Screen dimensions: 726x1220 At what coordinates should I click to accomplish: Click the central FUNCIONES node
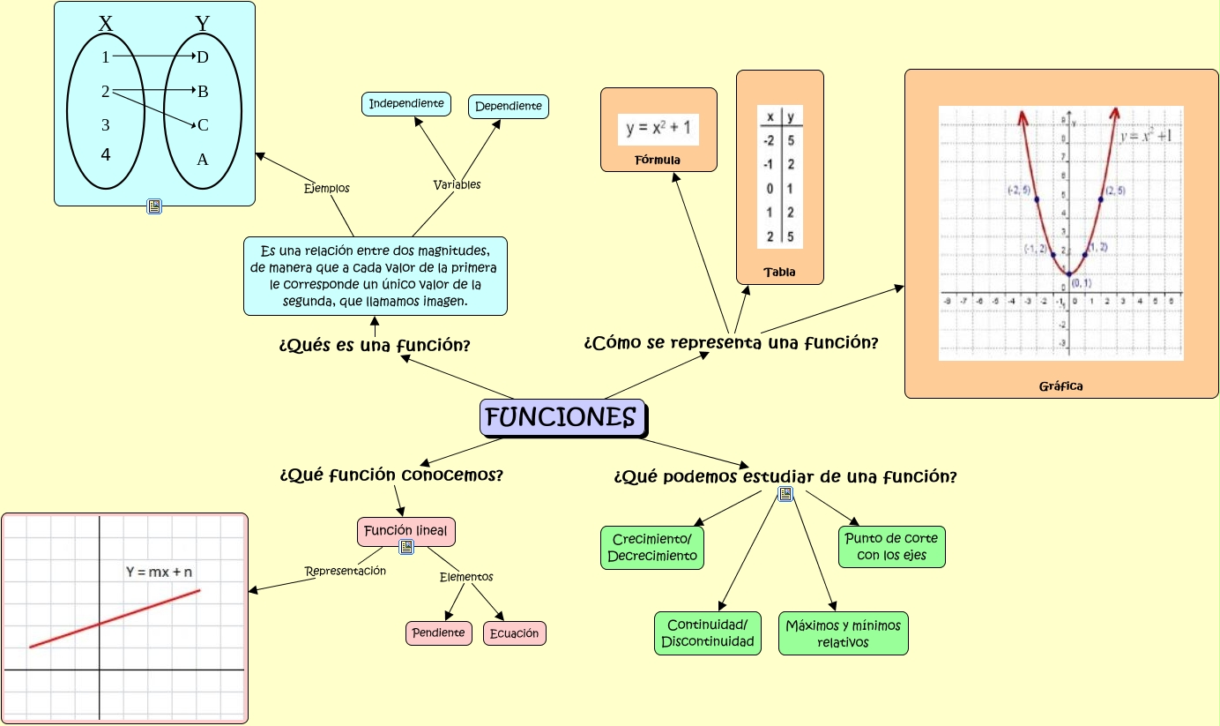(562, 417)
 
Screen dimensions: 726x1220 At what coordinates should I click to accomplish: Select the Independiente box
(406, 104)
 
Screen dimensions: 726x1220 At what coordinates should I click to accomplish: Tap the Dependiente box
(509, 107)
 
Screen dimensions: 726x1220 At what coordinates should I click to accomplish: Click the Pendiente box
(439, 633)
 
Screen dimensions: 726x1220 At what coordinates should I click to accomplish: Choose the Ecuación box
(515, 633)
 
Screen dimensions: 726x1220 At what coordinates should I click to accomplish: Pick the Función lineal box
(405, 531)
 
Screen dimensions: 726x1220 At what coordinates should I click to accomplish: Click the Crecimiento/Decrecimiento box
(652, 548)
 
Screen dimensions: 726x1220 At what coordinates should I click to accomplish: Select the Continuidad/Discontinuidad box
(708, 633)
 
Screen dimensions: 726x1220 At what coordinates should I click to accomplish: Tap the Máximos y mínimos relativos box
(843, 633)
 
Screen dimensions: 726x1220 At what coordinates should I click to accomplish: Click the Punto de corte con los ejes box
(892, 547)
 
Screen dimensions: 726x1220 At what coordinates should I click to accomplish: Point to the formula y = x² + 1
(658, 129)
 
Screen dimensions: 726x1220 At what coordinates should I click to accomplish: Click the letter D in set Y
(203, 57)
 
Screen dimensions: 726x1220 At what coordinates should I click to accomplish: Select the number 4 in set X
(106, 155)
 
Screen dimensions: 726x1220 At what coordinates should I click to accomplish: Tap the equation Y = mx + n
(160, 572)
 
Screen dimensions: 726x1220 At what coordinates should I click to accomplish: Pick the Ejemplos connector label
(327, 188)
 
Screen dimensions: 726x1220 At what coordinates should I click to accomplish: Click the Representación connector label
(346, 571)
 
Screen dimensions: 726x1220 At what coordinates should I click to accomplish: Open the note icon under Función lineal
(406, 547)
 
